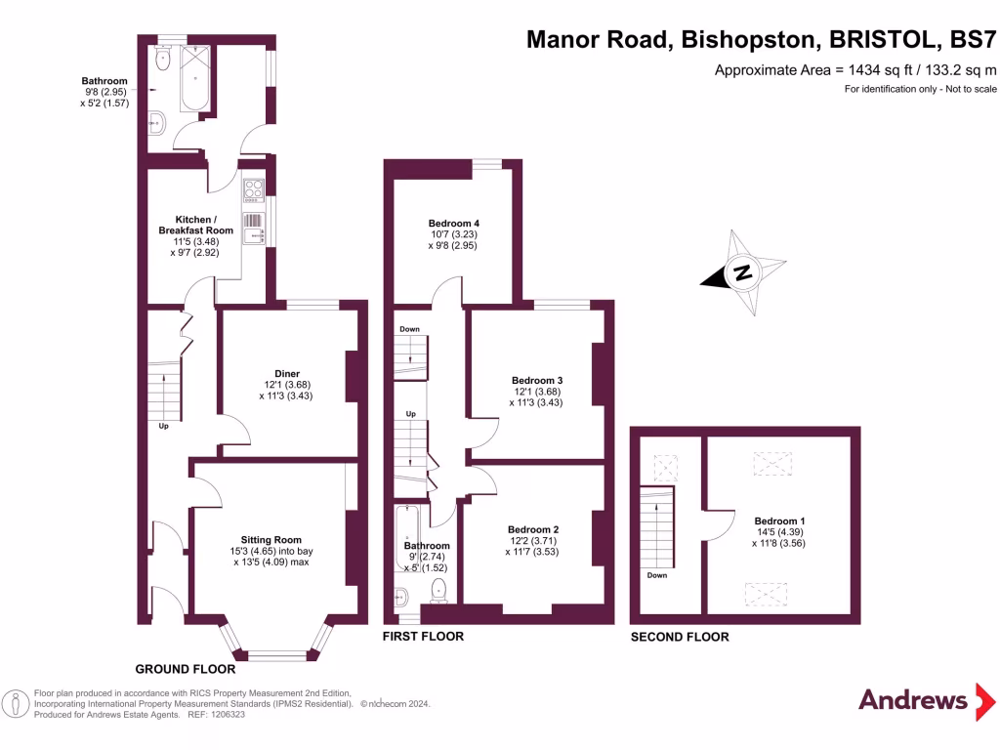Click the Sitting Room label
click(x=271, y=539)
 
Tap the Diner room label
click(x=287, y=374)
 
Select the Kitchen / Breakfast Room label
click(x=195, y=225)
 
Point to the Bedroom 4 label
click(x=453, y=224)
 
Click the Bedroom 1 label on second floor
click(x=779, y=521)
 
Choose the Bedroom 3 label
click(x=537, y=380)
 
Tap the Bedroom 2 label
click(x=533, y=529)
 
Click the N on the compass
click(x=742, y=271)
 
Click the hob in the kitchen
click(x=253, y=190)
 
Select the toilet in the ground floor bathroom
click(x=163, y=58)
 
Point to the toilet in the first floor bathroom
click(x=438, y=590)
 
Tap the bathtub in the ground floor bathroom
click(x=195, y=78)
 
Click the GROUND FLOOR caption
click(x=185, y=669)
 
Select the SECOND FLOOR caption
click(x=680, y=637)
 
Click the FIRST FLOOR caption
click(x=423, y=636)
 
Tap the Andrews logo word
click(x=913, y=700)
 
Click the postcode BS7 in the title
click(x=973, y=39)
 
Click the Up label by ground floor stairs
click(x=163, y=426)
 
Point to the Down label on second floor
click(x=657, y=575)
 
